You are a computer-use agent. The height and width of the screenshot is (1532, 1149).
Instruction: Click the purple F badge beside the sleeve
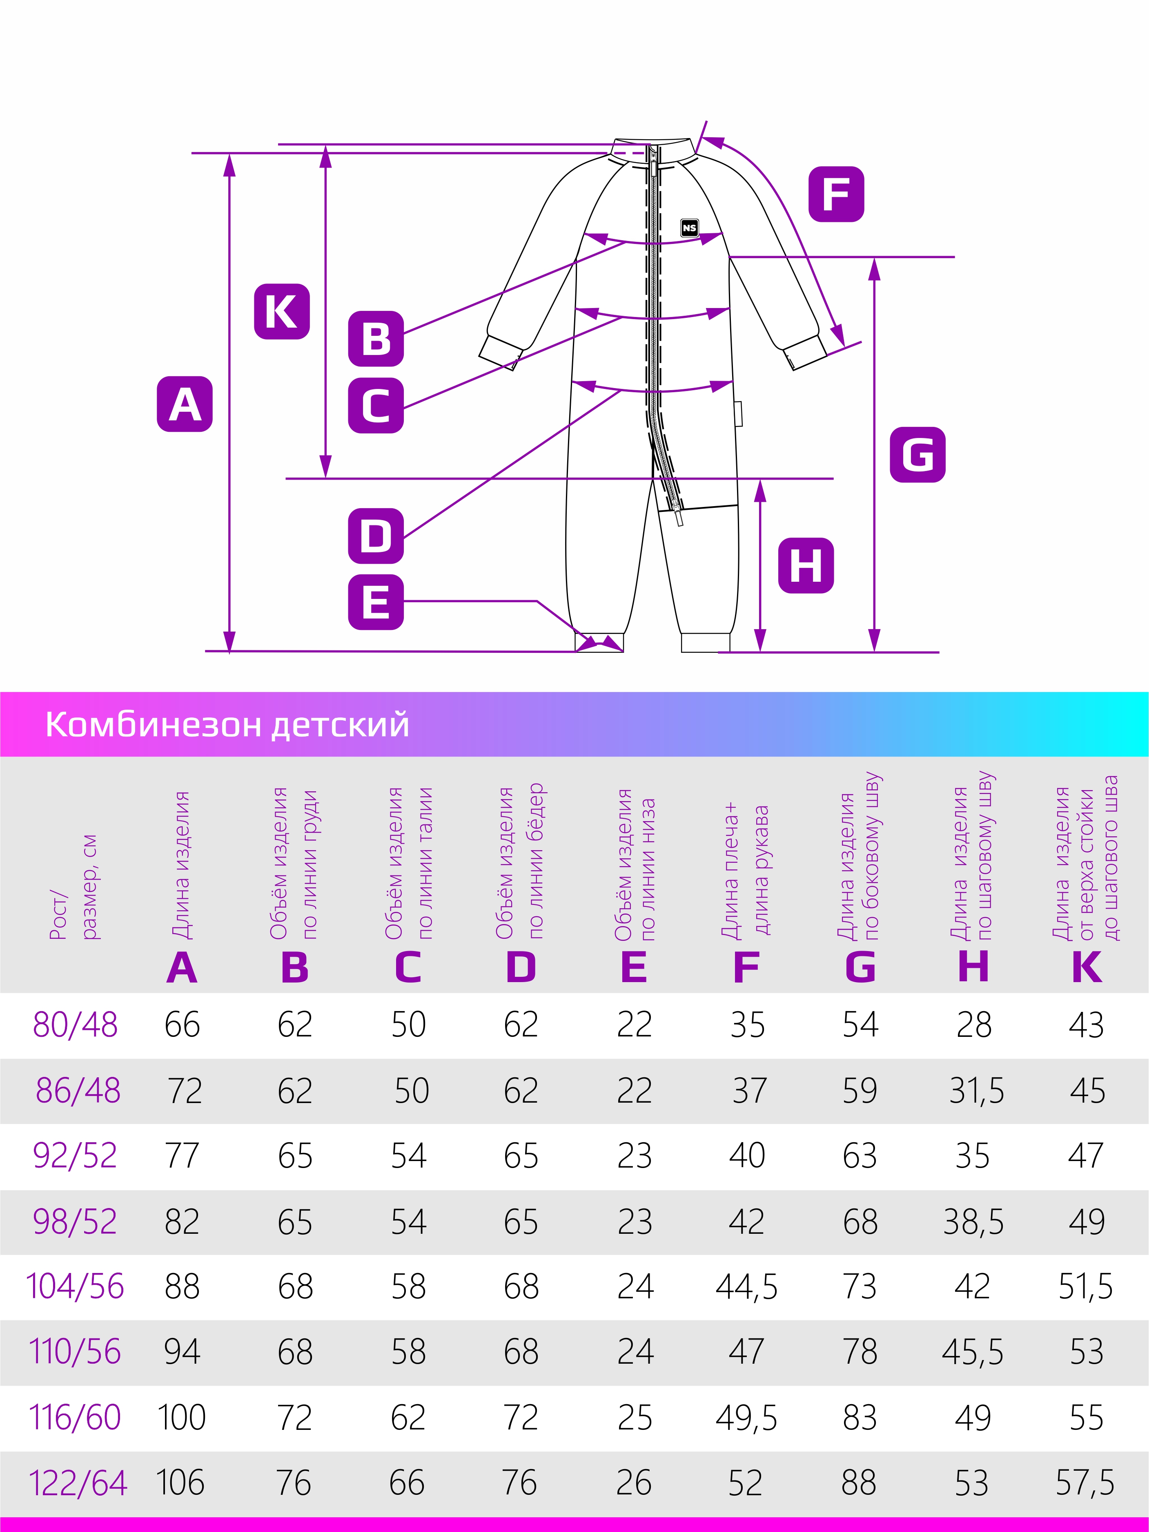(836, 194)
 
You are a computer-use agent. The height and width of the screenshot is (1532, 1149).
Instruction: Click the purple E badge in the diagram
(376, 602)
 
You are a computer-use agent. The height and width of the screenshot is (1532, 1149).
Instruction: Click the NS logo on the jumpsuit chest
(689, 228)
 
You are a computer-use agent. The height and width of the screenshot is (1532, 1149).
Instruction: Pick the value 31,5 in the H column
(976, 1091)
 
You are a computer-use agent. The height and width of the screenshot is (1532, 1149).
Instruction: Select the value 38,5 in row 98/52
(973, 1222)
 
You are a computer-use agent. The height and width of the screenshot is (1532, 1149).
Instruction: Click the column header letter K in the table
(1086, 967)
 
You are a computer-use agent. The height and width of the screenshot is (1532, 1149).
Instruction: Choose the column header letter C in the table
(408, 967)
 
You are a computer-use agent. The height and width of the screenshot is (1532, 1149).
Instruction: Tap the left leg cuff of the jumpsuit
(599, 642)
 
